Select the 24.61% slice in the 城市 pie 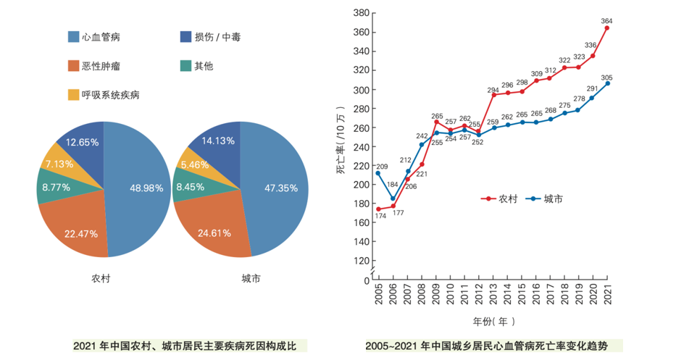click(x=214, y=232)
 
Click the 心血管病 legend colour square click(x=73, y=36)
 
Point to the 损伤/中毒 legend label click(x=218, y=36)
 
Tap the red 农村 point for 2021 click(x=607, y=28)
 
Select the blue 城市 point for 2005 click(x=378, y=173)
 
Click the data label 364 click(x=606, y=20)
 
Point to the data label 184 click(x=392, y=185)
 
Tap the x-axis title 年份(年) click(x=494, y=321)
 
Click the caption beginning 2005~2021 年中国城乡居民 click(x=493, y=346)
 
